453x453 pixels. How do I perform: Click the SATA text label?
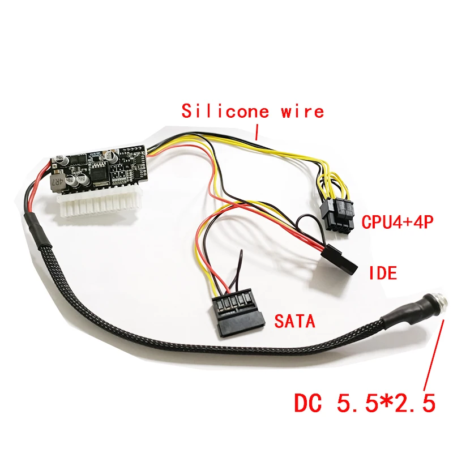pyautogui.click(x=294, y=322)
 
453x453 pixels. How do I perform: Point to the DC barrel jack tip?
pyautogui.click(x=445, y=306)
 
